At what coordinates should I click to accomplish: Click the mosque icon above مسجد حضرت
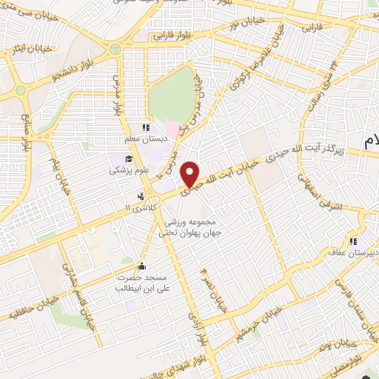[x=142, y=266]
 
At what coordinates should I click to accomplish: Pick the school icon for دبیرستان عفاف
[x=354, y=241]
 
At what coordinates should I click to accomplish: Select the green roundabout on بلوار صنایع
[x=21, y=90]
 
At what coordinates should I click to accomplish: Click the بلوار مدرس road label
[x=116, y=95]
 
